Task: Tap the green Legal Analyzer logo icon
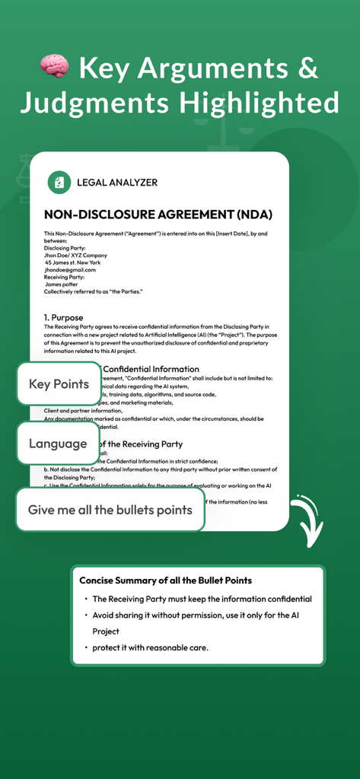click(59, 183)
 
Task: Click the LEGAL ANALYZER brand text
click(117, 183)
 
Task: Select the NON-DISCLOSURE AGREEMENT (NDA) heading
click(158, 215)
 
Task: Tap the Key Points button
click(59, 384)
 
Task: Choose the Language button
click(58, 444)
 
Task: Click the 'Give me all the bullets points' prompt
click(110, 510)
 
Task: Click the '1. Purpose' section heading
click(64, 317)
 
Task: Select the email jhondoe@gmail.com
click(70, 269)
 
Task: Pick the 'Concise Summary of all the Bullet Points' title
click(166, 580)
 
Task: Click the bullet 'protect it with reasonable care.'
click(150, 647)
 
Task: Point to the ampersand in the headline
click(306, 69)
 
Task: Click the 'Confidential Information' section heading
click(151, 369)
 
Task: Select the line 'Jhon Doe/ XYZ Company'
click(76, 255)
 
